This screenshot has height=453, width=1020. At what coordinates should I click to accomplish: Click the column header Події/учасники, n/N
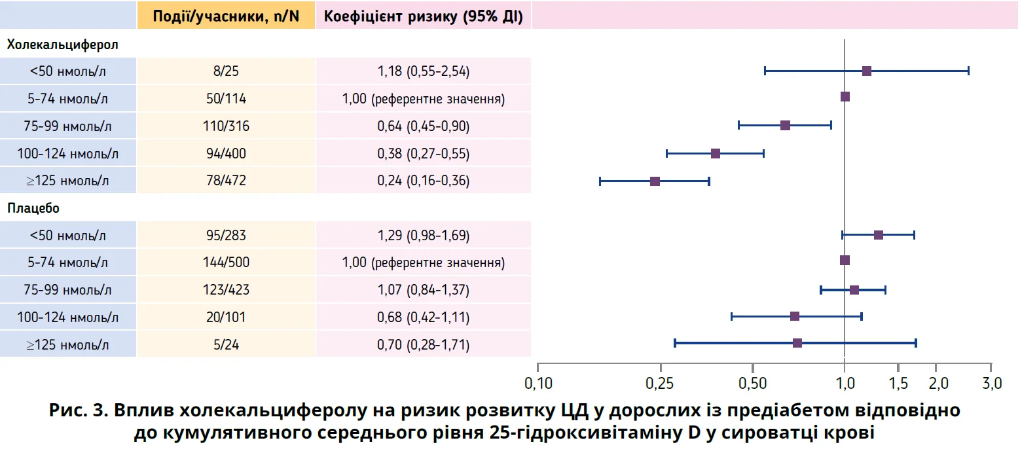[x=226, y=16]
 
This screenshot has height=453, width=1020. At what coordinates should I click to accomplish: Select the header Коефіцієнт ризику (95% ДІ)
[x=424, y=16]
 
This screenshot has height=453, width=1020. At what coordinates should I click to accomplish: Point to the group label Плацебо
[x=34, y=209]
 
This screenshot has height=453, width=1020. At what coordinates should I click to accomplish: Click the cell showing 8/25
[x=226, y=71]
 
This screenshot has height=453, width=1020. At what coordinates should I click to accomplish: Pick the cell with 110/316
[x=226, y=126]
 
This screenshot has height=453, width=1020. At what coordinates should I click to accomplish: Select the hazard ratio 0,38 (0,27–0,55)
[x=424, y=154]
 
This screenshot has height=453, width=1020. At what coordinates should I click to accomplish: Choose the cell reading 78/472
[x=226, y=181]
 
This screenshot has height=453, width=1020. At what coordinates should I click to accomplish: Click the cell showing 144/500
[x=226, y=263]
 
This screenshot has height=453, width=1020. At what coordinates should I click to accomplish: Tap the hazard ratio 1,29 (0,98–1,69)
[x=424, y=235]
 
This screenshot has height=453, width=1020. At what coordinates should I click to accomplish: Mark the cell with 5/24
[x=226, y=344]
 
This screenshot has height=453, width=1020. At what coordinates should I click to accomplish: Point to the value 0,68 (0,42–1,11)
[x=424, y=317]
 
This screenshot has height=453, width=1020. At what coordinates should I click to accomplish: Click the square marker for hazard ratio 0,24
[x=655, y=181]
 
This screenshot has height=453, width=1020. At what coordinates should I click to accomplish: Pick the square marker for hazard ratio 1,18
[x=867, y=71]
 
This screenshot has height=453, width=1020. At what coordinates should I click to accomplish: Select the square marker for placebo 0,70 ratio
[x=797, y=343]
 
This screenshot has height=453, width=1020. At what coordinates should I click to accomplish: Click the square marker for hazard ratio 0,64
[x=785, y=125]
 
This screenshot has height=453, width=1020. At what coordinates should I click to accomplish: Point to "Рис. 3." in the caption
[x=79, y=411]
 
